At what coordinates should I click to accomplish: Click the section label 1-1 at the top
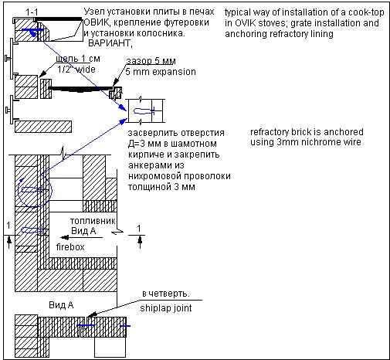click(x=32, y=12)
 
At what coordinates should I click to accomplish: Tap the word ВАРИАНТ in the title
click(x=110, y=43)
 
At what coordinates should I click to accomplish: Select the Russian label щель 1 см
click(x=78, y=59)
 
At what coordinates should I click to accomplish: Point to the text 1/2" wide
click(x=76, y=70)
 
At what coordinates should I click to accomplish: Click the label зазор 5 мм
click(x=151, y=61)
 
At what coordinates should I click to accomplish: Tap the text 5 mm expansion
click(x=161, y=72)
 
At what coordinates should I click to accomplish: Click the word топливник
click(x=93, y=221)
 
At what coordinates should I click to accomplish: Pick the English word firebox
click(x=70, y=247)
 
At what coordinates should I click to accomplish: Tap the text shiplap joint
click(x=166, y=308)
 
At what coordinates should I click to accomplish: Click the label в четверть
click(x=166, y=294)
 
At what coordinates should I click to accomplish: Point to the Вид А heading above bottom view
click(x=61, y=305)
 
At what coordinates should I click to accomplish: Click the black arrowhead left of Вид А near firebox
click(x=64, y=237)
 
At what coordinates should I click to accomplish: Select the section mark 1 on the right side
click(x=139, y=229)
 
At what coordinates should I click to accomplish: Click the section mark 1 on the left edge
click(x=8, y=226)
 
